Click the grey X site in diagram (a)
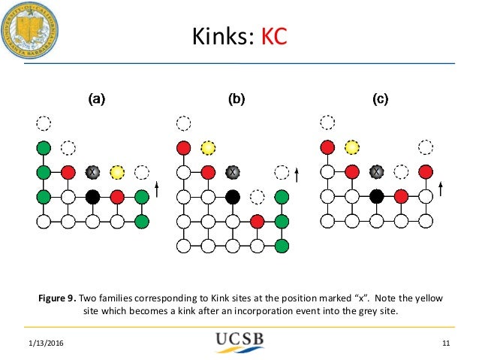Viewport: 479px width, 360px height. click(92, 173)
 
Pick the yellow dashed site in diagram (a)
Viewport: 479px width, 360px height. click(117, 173)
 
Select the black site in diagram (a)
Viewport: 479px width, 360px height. click(92, 198)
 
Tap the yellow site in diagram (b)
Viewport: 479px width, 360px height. click(208, 147)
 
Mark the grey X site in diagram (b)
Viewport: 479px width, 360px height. click(233, 173)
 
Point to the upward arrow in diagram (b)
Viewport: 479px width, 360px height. click(297, 175)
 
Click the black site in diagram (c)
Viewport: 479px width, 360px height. click(376, 198)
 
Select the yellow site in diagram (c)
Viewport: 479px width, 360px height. click(351, 147)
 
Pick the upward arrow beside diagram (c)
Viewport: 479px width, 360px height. click(441, 189)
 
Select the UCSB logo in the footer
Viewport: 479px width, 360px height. click(239, 343)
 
